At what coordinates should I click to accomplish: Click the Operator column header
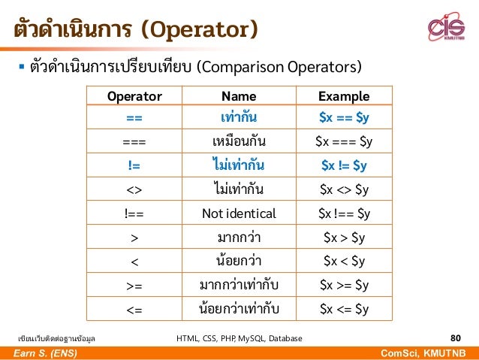tap(134, 96)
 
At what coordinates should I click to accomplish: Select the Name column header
tap(239, 96)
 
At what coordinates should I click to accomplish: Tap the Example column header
tap(343, 96)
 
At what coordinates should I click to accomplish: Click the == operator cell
tap(134, 118)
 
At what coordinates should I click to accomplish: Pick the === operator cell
tap(134, 141)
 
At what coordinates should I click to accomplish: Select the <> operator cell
tap(134, 189)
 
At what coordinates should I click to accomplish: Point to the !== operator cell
tap(134, 213)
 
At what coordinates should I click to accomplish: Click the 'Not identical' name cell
tap(239, 213)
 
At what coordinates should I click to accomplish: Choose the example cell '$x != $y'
tap(343, 165)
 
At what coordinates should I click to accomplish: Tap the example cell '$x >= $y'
tap(343, 285)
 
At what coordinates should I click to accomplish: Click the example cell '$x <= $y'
tap(343, 308)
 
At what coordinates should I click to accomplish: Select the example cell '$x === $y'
tap(343, 141)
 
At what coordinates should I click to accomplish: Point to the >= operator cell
tap(134, 285)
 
